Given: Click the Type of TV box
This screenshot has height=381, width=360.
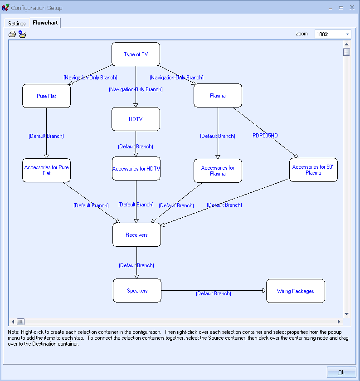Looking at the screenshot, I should coord(136,54).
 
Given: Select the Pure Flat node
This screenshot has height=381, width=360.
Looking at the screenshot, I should coord(46,96).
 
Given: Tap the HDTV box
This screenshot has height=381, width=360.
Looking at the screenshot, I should coord(136,119).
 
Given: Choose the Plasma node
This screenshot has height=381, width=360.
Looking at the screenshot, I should coord(218,96).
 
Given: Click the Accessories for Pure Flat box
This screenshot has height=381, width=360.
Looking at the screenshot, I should coord(46,170).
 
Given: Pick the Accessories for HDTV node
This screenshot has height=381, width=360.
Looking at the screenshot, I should coord(136,169).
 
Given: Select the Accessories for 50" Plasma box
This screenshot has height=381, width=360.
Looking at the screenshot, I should coord(313,170).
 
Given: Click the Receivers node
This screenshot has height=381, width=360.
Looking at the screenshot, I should coord(136,235).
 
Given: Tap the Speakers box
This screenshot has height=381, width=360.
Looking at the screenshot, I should coord(137,291).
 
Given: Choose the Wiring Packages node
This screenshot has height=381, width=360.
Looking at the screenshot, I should coord(295,291).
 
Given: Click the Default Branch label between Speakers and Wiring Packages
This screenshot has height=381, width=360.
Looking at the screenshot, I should coord(214,293).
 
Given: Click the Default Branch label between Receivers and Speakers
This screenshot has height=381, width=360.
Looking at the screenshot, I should coord(136,265).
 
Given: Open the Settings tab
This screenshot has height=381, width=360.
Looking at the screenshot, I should coord(17,23).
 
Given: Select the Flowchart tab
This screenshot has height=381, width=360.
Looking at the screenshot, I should coord(45,23).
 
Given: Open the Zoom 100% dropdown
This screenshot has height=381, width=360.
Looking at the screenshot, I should coord(347,34).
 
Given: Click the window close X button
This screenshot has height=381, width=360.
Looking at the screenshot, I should coord(352,7).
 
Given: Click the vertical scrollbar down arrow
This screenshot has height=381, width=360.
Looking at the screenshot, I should coord(346,314).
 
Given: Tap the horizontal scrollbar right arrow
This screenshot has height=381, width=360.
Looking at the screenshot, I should coord(339,322).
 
